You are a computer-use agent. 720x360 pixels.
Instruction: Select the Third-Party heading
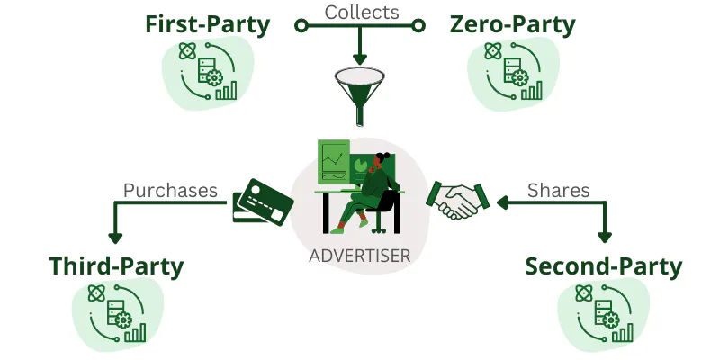116,266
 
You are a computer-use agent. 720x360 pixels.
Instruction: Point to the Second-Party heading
603,266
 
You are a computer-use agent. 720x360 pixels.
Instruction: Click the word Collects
360,11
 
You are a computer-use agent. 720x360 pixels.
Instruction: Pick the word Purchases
171,190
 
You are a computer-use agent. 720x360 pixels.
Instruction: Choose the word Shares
558,190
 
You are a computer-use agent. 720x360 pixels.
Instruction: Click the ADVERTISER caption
360,256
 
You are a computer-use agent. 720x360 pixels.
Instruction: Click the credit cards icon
262,200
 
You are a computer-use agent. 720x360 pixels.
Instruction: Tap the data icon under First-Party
208,72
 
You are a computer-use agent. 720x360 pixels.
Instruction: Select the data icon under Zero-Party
514,72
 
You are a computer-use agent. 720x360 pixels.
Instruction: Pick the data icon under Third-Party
117,312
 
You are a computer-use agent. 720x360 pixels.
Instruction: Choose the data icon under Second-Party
603,312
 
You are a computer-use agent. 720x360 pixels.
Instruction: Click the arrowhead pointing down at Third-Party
115,238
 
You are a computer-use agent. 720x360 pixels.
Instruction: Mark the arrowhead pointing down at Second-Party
605,238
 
